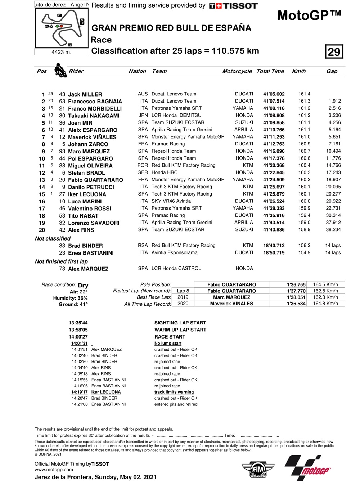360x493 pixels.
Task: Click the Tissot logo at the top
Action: pos(233,6)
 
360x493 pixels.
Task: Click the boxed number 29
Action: pos(334,52)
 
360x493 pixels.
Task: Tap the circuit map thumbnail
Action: pos(62,28)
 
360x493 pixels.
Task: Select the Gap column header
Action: pos(332,71)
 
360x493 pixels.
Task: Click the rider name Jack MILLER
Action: pos(85,94)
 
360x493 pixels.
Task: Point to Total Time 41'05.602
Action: pos(274,94)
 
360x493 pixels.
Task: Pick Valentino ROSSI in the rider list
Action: pos(90,209)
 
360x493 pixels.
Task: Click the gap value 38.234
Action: pos(333,230)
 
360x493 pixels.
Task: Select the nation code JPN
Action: pos(143,116)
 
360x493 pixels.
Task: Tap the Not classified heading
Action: pos(53,238)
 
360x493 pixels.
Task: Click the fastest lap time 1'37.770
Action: pos(296,291)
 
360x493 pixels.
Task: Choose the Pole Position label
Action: pos(156,285)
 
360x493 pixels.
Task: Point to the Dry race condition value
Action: pos(83,285)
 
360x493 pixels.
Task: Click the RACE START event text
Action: pos(170,337)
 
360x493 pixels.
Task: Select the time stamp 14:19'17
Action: pos(79,392)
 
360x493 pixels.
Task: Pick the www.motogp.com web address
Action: pos(54,470)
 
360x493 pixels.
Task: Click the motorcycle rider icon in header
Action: pos(60,70)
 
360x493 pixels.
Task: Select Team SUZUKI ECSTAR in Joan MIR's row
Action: pos(178,123)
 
